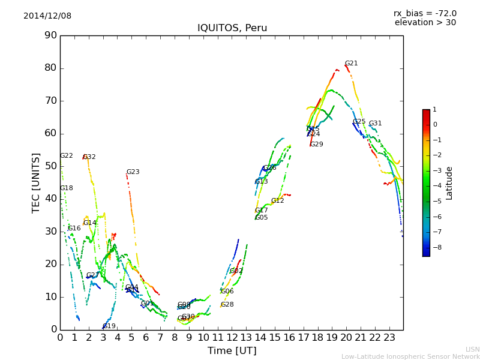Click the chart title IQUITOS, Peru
[232, 28]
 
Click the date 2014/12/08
[47, 16]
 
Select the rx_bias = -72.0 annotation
[425, 14]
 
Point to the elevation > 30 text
[425, 23]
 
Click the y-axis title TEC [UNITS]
[36, 182]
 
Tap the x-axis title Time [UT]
[232, 351]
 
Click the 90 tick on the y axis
[50, 35]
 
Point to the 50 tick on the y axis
[50, 166]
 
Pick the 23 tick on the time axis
[389, 338]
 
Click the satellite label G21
[352, 64]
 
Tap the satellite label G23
[133, 172]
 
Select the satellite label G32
[89, 157]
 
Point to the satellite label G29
[317, 145]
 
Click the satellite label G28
[227, 305]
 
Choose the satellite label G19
[109, 326]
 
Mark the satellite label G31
[375, 124]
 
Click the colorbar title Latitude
[449, 183]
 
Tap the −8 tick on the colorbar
[435, 247]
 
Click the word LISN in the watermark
[472, 349]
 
